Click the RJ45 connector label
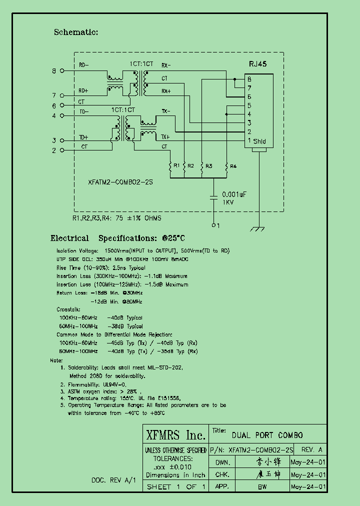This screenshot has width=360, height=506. pyautogui.click(x=258, y=64)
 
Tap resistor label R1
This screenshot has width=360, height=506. pyautogui.click(x=175, y=166)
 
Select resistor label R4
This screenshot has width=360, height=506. pyautogui.click(x=233, y=166)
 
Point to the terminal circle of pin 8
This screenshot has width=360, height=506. pyautogui.click(x=62, y=71)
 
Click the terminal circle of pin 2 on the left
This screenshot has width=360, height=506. pyautogui.click(x=62, y=150)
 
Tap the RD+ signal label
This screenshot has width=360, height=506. pyautogui.click(x=83, y=91)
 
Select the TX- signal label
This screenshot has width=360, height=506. pyautogui.click(x=165, y=110)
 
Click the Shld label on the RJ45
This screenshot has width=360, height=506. pyautogui.click(x=259, y=141)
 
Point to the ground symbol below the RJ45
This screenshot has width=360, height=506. pyautogui.click(x=257, y=229)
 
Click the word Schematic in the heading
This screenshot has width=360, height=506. pyautogui.click(x=76, y=32)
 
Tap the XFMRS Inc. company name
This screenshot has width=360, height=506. pyautogui.click(x=175, y=434)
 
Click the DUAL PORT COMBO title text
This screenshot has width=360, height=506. pyautogui.click(x=267, y=435)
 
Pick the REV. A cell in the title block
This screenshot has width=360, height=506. pyautogui.click(x=312, y=449)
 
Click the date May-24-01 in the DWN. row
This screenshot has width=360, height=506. pyautogui.click(x=308, y=462)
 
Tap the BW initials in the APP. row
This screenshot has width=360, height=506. pyautogui.click(x=261, y=486)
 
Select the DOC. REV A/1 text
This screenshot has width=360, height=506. pyautogui.click(x=113, y=480)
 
